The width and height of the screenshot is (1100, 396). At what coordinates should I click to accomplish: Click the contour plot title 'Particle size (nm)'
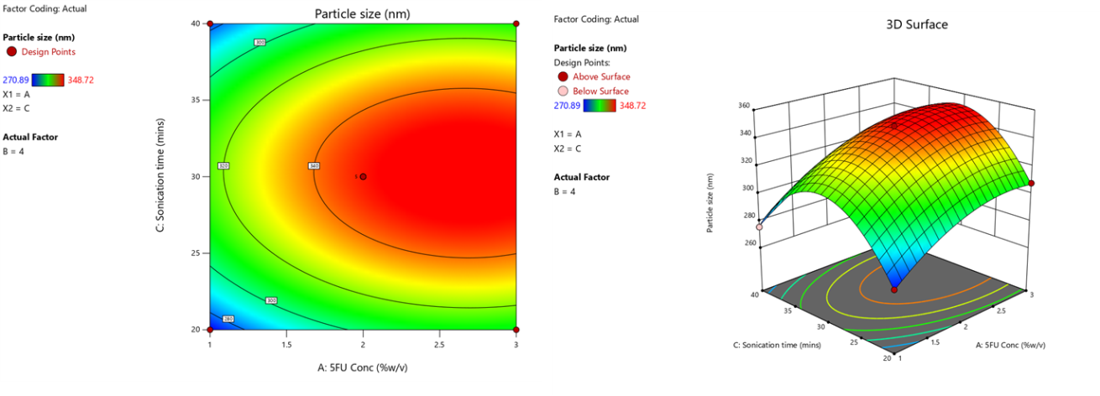pos(363,13)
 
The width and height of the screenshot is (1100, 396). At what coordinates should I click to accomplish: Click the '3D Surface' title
pos(917,24)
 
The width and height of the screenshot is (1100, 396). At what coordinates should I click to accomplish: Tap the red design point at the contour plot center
pos(363,176)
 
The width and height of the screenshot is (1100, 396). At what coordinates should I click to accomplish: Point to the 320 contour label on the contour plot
pos(223,166)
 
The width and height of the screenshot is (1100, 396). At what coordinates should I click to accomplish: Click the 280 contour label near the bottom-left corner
pos(228,319)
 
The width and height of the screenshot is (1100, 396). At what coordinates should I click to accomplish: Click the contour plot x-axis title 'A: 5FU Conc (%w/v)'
pos(362,367)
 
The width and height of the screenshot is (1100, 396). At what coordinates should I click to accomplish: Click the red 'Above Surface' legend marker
pos(563,77)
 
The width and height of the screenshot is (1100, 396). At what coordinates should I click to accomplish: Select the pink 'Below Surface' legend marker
pos(563,91)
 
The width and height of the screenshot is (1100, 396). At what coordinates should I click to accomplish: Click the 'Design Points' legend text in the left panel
pos(53,52)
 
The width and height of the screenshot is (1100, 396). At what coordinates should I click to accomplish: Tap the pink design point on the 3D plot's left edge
pos(759,227)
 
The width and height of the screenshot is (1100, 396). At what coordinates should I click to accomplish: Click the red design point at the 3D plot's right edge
pos(1031,183)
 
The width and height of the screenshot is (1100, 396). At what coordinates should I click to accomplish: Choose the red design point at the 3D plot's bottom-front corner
pos(893,289)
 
